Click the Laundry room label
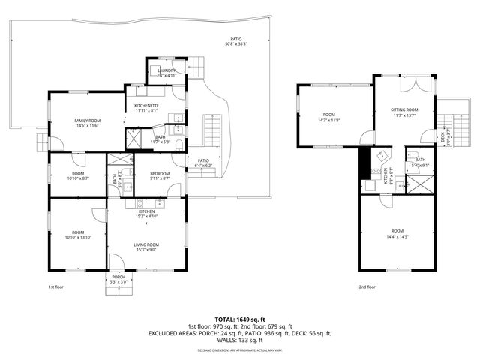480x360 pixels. tap(166, 70)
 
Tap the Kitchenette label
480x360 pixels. tap(146, 106)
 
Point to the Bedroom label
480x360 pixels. tap(160, 174)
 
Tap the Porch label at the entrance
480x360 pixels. tap(118, 277)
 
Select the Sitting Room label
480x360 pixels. tap(404, 110)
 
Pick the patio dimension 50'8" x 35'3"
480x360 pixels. tap(236, 44)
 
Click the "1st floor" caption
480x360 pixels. tap(57, 286)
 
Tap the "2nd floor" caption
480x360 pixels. tap(367, 286)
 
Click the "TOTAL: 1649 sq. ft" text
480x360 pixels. tap(240, 319)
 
